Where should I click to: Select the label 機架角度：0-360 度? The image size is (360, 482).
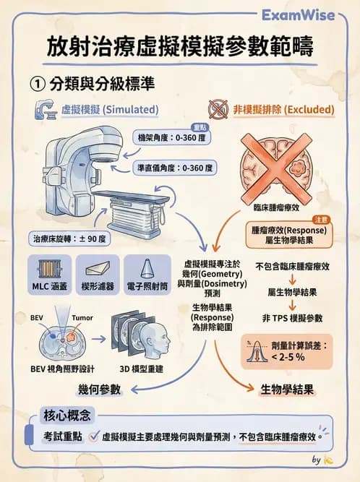click(171, 137)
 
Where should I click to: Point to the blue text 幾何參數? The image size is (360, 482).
click(99, 390)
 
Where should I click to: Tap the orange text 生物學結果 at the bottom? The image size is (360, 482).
click(286, 390)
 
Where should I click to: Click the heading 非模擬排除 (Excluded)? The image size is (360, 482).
click(283, 110)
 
